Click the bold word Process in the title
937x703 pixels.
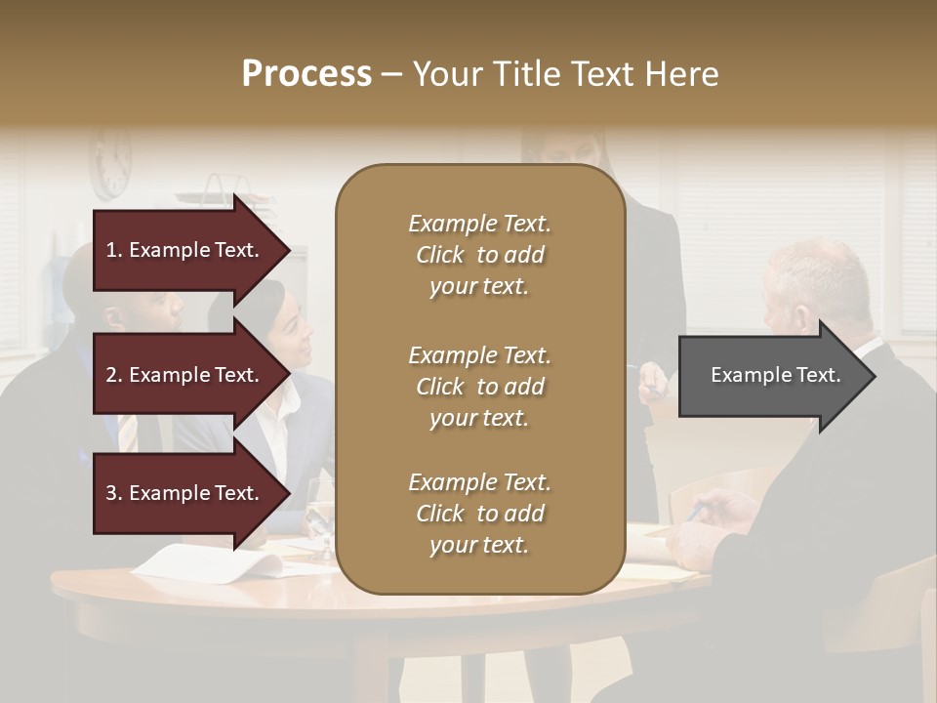[306, 74]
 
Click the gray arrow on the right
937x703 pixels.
[771, 375]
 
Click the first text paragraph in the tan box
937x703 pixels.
[479, 255]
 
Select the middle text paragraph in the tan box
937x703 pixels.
[479, 387]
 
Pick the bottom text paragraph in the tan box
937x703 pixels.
[479, 514]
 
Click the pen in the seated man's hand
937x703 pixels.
[695, 512]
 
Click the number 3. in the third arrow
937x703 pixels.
[113, 493]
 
